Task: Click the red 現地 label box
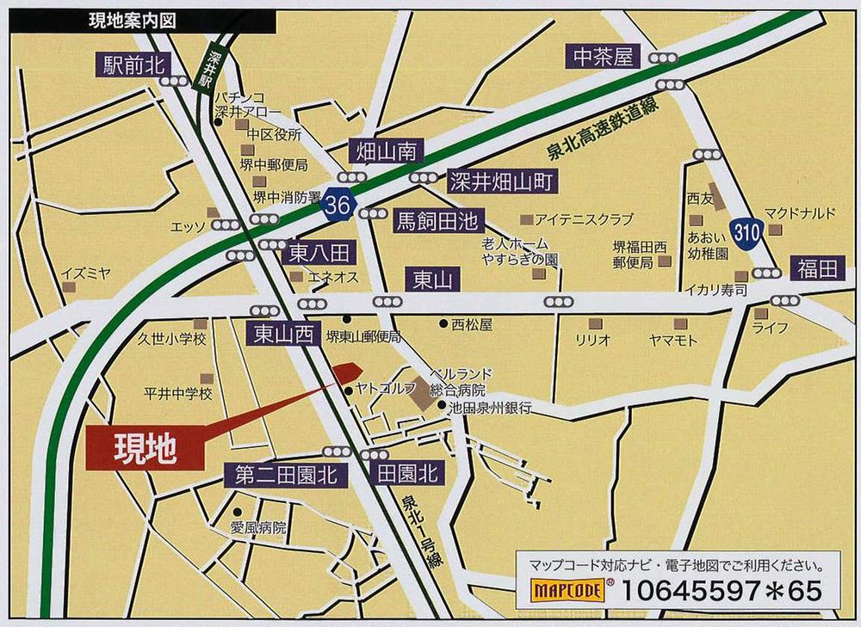(x=146, y=448)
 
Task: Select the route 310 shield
(x=746, y=231)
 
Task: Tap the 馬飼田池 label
(x=437, y=221)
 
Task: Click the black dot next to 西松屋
(x=443, y=324)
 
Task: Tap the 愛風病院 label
(x=257, y=528)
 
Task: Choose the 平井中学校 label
(x=177, y=394)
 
